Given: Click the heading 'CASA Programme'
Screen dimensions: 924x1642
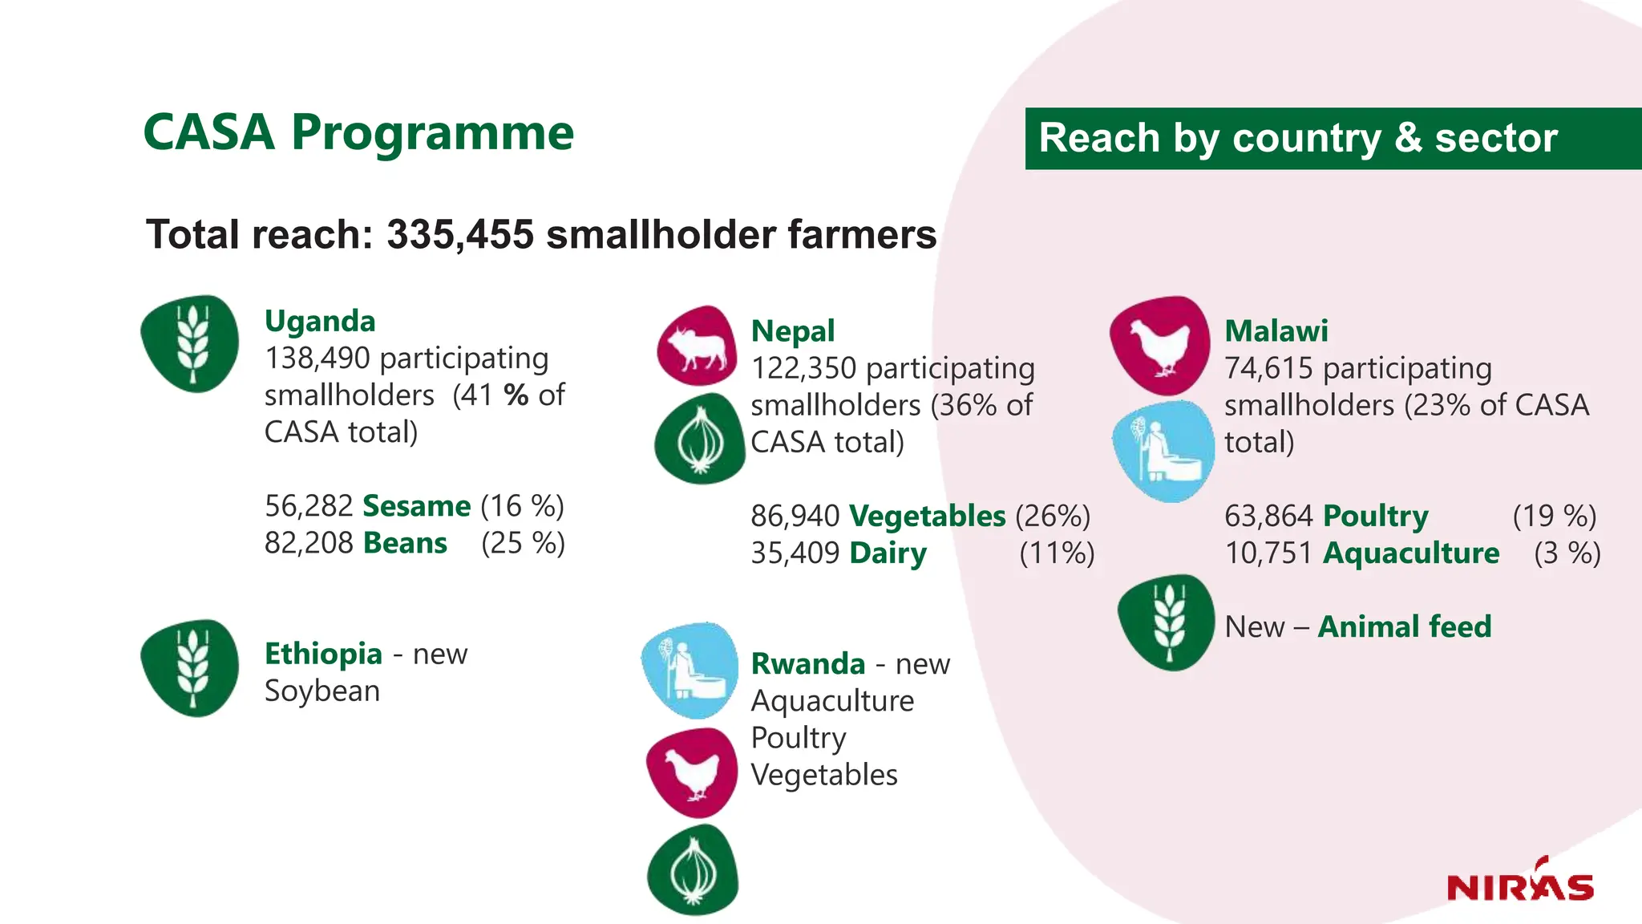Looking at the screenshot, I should [358, 132].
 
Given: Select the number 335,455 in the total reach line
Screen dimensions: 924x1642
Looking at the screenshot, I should [460, 235].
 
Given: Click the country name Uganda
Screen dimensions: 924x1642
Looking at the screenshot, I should [320, 321].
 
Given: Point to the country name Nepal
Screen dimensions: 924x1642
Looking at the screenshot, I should [792, 330].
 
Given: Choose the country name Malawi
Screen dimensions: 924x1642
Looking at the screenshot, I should [1276, 330].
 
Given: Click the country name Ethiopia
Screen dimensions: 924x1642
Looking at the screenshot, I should [323, 654].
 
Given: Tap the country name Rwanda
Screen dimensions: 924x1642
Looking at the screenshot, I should [807, 664].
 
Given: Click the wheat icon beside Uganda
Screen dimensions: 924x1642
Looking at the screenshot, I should [190, 343].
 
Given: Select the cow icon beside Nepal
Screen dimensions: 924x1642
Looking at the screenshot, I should [696, 345].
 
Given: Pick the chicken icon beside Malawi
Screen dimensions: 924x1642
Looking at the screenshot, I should [1159, 345].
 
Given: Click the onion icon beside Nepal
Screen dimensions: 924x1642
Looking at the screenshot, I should [699, 439].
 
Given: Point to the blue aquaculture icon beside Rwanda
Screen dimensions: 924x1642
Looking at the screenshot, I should [690, 671].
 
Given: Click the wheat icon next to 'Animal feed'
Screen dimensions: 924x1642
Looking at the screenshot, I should [1166, 622].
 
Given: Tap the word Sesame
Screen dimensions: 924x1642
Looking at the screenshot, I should [416, 506].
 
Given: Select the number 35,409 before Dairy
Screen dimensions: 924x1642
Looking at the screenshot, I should [795, 553].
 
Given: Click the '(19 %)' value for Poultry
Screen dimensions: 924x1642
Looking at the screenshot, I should [1554, 516].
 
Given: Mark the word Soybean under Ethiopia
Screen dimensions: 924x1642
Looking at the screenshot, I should [322, 691].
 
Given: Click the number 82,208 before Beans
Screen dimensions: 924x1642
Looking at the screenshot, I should [309, 543].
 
